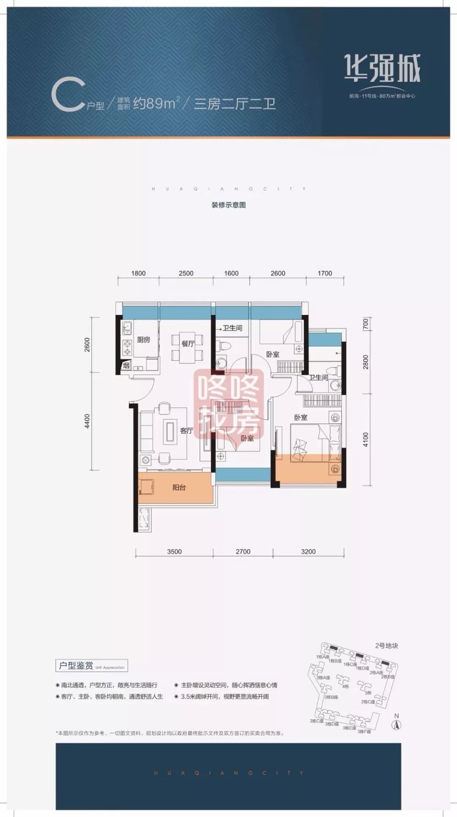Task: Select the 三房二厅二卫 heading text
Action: click(x=234, y=103)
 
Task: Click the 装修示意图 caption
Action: click(x=228, y=205)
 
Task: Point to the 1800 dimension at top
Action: click(x=138, y=273)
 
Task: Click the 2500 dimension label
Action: click(x=186, y=273)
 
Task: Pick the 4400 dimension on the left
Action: click(x=87, y=422)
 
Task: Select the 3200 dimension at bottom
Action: click(x=308, y=552)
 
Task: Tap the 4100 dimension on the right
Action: click(x=366, y=439)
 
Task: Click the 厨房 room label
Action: click(x=144, y=340)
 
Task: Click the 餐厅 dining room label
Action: click(x=188, y=344)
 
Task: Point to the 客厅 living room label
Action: click(x=186, y=431)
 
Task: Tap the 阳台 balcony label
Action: click(x=179, y=488)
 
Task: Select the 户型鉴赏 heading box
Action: click(x=91, y=666)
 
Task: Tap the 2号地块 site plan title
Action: click(x=386, y=646)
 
